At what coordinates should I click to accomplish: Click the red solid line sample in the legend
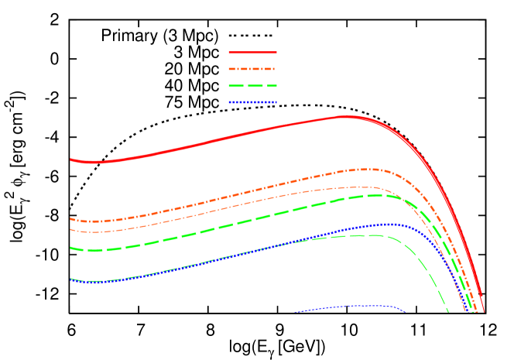point(252,53)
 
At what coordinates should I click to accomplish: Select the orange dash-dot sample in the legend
point(252,69)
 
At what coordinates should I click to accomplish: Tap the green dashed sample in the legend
point(252,86)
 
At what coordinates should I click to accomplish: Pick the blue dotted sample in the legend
point(252,102)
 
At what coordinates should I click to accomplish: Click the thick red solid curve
point(232,136)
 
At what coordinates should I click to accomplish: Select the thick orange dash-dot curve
point(232,195)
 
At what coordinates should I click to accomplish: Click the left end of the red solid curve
point(70,159)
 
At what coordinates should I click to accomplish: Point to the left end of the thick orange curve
point(70,219)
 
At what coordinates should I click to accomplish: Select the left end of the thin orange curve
point(70,229)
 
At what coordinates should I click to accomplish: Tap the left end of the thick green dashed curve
point(70,248)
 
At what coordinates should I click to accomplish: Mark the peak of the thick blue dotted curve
point(391,225)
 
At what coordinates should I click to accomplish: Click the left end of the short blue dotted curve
point(296,313)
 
